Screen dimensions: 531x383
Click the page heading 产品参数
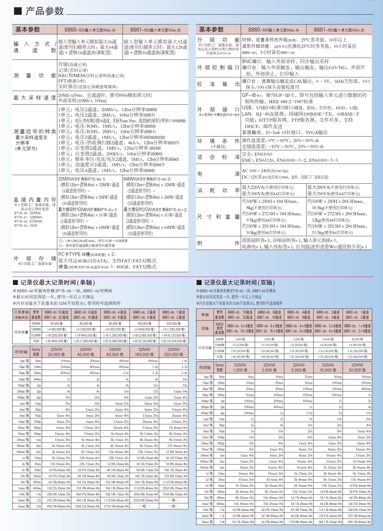point(44,11)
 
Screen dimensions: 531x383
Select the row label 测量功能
point(35,75)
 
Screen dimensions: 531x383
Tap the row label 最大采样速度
point(35,98)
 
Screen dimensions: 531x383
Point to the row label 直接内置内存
point(35,200)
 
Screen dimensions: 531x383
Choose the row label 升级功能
point(218,40)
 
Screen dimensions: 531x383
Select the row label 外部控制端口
point(218,67)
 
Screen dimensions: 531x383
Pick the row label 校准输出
point(218,84)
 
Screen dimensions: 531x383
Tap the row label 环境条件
point(218,141)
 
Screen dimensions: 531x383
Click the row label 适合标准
point(218,157)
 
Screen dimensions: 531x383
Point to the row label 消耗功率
point(218,190)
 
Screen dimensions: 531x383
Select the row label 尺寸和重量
point(218,217)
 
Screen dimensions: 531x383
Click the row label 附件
point(218,243)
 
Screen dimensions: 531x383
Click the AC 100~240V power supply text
point(265,171)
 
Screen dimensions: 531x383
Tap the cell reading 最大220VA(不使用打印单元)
point(268,188)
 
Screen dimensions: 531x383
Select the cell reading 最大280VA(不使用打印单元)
point(333,188)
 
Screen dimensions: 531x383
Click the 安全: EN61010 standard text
point(257,154)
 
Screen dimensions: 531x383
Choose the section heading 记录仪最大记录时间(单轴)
point(57,282)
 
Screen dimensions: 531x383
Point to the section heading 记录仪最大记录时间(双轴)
point(239,282)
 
